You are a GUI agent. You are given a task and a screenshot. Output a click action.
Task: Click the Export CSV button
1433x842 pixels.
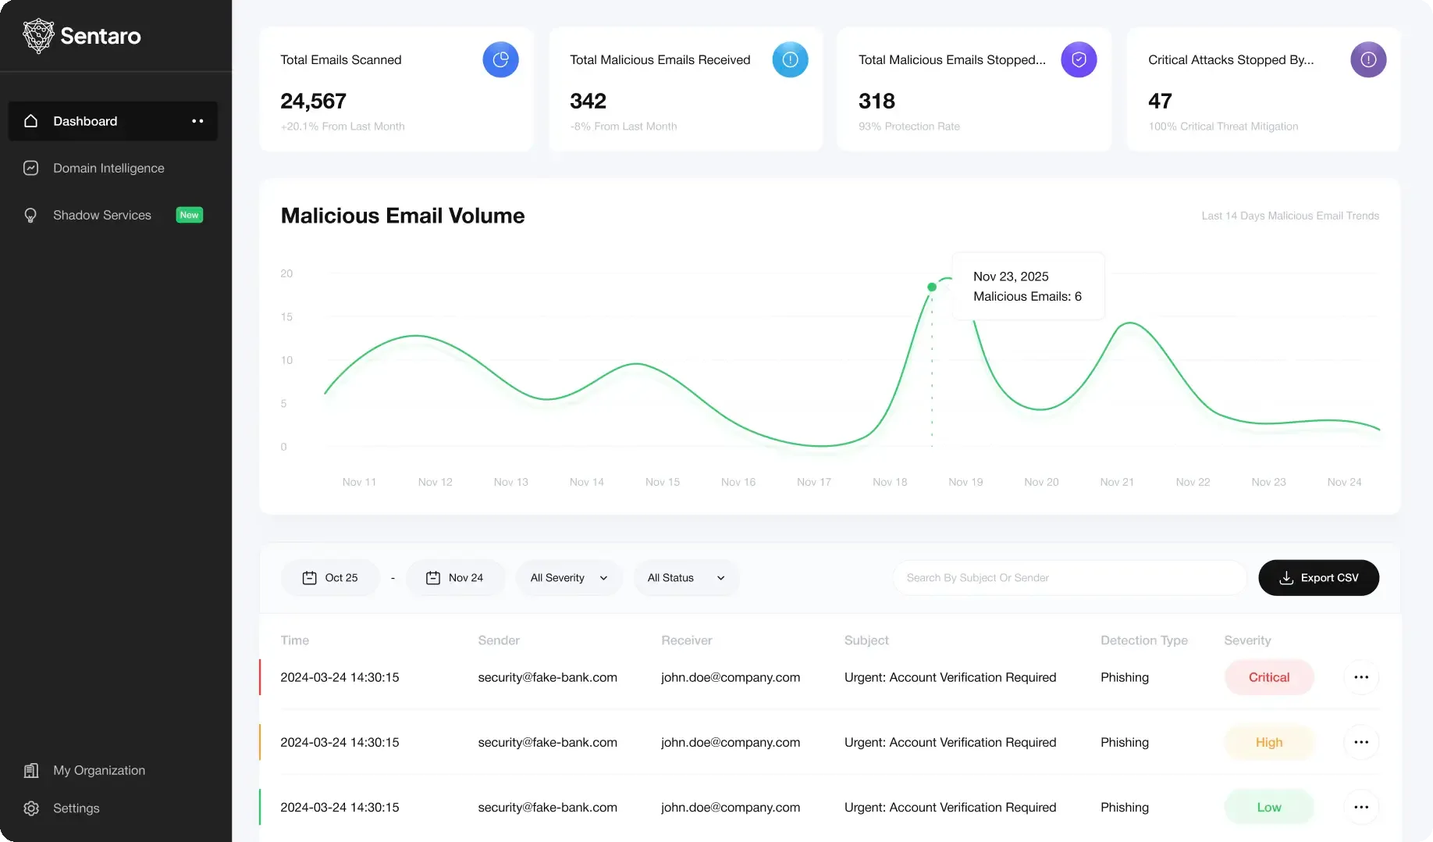point(1318,578)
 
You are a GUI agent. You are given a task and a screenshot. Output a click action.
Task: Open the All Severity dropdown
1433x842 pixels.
point(569,578)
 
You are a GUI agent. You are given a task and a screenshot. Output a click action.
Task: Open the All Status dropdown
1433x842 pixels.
point(686,578)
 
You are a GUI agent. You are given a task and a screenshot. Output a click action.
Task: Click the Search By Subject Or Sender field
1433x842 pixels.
point(1069,578)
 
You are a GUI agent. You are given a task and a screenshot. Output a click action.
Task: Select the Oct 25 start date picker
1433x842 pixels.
point(329,578)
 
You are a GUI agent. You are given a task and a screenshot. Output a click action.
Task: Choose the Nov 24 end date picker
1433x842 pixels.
point(455,578)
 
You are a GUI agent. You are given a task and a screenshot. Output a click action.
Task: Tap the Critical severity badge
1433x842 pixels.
point(1269,677)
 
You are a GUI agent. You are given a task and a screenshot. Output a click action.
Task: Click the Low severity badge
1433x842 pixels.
point(1269,808)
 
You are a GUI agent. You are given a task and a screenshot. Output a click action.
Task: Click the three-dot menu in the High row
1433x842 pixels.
point(1361,742)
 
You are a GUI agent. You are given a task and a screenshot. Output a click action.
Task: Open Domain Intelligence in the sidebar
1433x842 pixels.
point(108,168)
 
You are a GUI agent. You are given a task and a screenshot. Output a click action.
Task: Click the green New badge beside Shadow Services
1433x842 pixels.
point(190,215)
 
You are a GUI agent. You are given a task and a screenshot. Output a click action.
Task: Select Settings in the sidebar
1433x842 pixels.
point(76,808)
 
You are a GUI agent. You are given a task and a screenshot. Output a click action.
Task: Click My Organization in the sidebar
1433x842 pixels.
point(98,770)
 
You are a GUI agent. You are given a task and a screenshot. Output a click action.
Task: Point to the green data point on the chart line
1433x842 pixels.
point(932,287)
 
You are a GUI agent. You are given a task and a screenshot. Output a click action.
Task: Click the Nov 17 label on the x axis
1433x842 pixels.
point(814,482)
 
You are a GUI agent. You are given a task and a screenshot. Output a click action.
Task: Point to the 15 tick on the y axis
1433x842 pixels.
point(286,317)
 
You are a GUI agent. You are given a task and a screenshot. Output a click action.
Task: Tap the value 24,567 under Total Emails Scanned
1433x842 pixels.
point(313,101)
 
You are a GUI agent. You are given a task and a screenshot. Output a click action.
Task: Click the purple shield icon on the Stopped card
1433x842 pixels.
point(1079,59)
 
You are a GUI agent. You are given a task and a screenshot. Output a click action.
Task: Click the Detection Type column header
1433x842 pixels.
point(1144,640)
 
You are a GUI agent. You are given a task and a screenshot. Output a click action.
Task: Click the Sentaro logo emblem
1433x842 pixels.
point(38,36)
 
